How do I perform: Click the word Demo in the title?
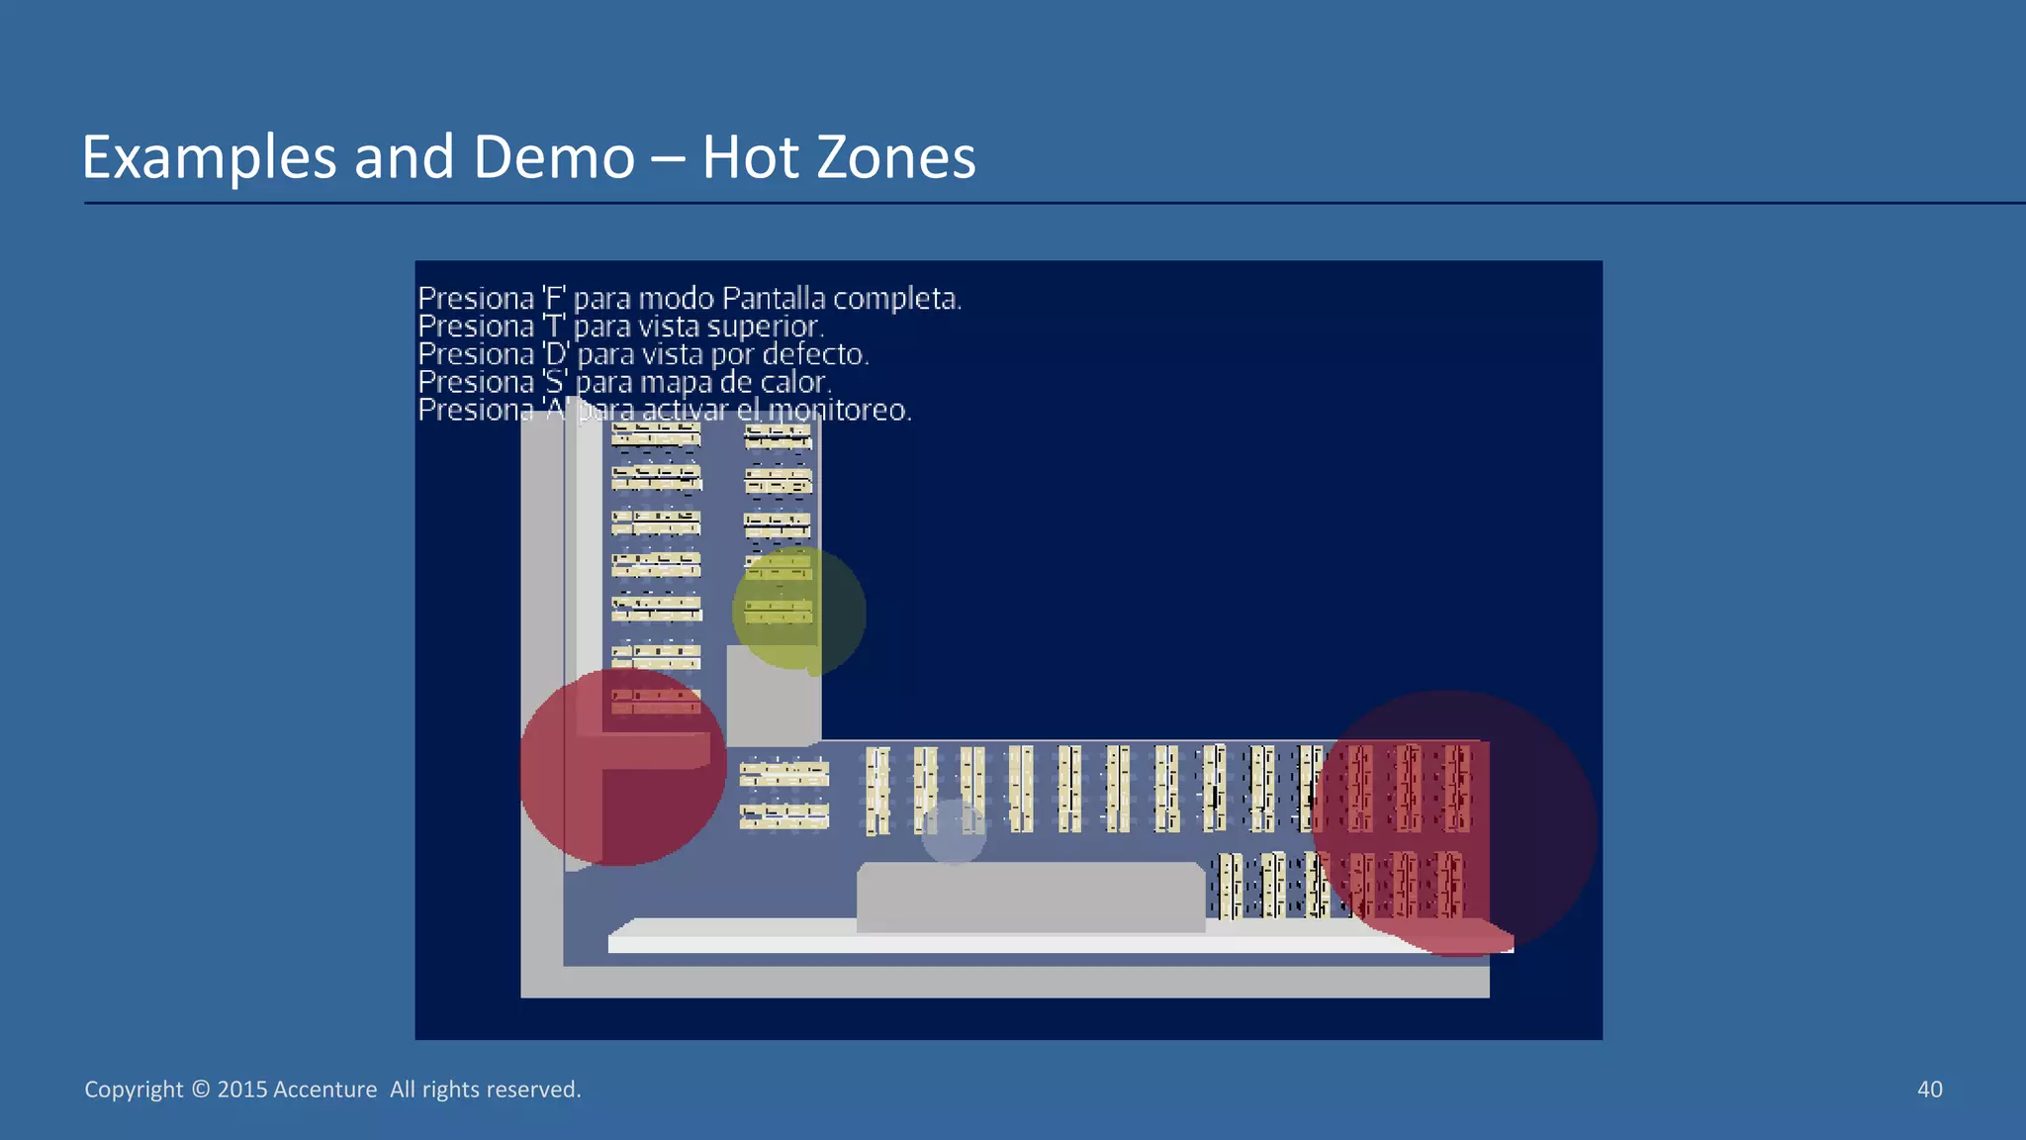pos(554,157)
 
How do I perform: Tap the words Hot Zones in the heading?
pos(839,157)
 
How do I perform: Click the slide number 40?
pos(1929,1090)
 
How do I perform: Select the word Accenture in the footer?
pos(324,1090)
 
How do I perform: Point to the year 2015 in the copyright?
pos(242,1090)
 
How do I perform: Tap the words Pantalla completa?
pos(841,298)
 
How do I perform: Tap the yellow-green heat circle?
pos(798,611)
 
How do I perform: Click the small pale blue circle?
pos(954,832)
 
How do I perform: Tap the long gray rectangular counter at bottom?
pos(1029,897)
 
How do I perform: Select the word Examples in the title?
pos(209,157)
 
